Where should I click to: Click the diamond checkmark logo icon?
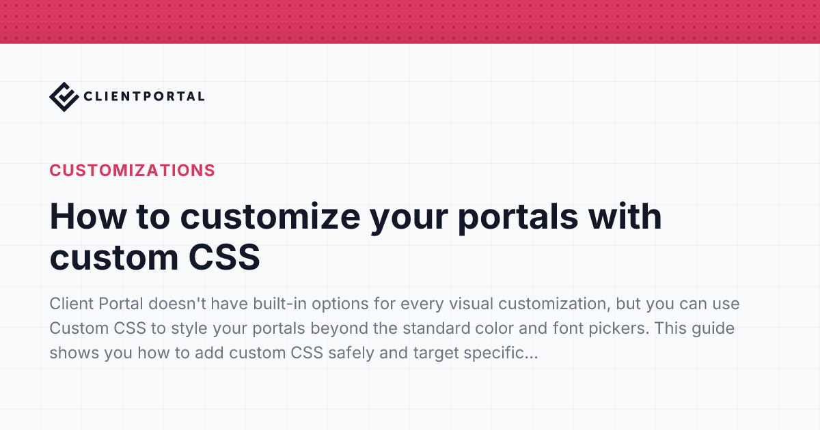(64, 97)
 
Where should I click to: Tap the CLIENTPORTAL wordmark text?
(144, 96)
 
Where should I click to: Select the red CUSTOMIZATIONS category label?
(132, 171)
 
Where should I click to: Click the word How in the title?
(88, 216)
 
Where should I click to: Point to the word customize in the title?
(270, 217)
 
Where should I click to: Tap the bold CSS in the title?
(224, 257)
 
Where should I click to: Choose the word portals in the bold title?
(518, 218)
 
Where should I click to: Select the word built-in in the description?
(279, 304)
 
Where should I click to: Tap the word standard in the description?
(437, 328)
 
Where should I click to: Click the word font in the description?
(568, 328)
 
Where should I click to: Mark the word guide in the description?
(713, 328)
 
